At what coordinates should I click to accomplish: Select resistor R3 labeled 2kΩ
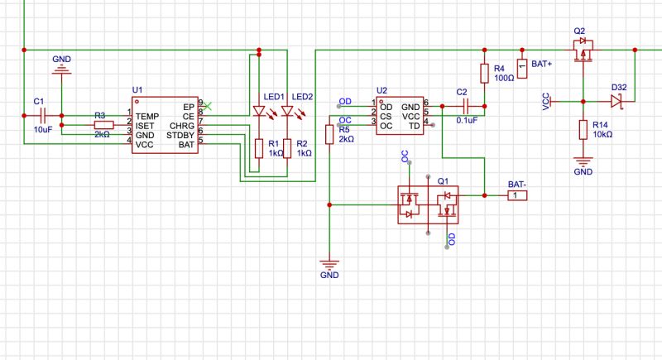tap(100, 124)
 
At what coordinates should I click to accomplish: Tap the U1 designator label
tap(137, 89)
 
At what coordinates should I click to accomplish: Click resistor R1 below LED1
tap(259, 148)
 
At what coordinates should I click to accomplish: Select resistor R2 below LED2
tap(287, 148)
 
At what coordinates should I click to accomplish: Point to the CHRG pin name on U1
tap(181, 125)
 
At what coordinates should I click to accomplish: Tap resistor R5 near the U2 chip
tap(329, 134)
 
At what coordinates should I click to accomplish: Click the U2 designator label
tap(381, 89)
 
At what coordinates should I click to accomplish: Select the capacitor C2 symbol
tap(467, 106)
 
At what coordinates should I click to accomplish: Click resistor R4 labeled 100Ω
tap(484, 72)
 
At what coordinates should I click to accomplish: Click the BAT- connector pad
tap(515, 196)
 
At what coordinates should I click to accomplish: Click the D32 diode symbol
tap(616, 101)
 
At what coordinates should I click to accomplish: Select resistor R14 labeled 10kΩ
tap(583, 129)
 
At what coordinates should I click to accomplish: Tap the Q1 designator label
tap(443, 180)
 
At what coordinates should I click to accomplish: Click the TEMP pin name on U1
tap(147, 116)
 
